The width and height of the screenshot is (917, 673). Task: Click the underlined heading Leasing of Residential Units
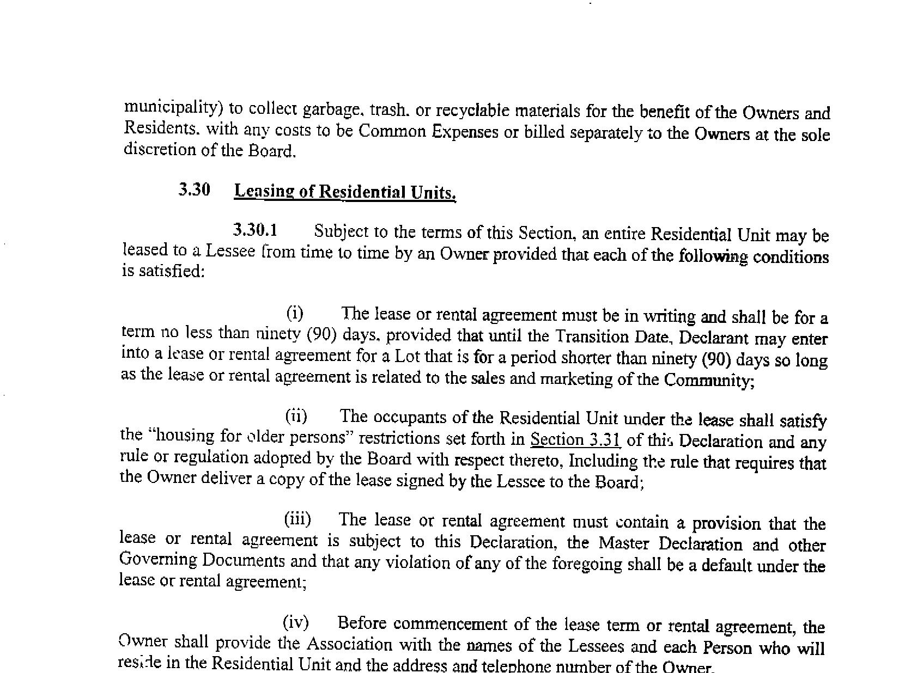[344, 192]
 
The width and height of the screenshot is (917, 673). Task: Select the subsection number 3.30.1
[255, 230]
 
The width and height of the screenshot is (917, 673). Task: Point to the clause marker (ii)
[296, 417]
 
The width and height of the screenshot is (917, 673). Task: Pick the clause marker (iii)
[297, 519]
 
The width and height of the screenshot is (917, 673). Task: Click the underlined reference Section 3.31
[575, 439]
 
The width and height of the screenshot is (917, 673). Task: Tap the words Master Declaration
[670, 544]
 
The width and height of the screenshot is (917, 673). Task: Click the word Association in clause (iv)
[349, 645]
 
